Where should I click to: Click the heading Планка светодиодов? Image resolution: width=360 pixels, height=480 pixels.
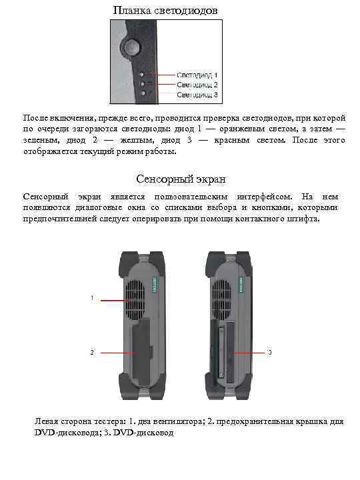165,11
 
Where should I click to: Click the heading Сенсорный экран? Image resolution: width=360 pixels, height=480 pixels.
181,179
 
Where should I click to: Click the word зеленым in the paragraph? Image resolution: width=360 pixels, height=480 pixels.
40,141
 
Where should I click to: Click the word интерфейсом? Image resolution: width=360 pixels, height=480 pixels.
264,197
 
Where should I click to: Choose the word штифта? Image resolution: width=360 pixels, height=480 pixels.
305,219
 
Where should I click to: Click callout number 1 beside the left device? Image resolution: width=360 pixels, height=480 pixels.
91,297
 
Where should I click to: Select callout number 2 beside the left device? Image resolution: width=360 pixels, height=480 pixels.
91,351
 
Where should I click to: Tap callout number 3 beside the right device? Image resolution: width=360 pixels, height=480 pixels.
268,351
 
